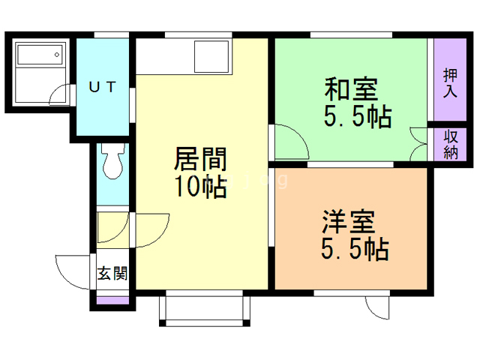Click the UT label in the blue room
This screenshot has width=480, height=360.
103,87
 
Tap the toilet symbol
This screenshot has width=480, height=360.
113,161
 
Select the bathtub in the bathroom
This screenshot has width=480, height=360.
41,55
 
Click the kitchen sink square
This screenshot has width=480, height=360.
211,56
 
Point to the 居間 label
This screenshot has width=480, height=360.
200,158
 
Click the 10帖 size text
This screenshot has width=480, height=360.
200,186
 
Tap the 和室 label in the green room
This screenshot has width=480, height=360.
351,90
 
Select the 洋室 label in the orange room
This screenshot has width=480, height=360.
348,222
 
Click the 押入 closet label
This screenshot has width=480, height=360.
450,83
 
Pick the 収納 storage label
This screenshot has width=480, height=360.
451,145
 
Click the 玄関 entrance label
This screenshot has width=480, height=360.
112,273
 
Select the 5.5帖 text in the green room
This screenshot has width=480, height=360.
358,117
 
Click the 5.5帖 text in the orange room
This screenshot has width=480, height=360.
355,249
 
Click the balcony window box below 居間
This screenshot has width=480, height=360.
205,308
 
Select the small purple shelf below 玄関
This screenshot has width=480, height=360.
112,300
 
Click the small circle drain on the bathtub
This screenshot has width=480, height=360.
57,55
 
